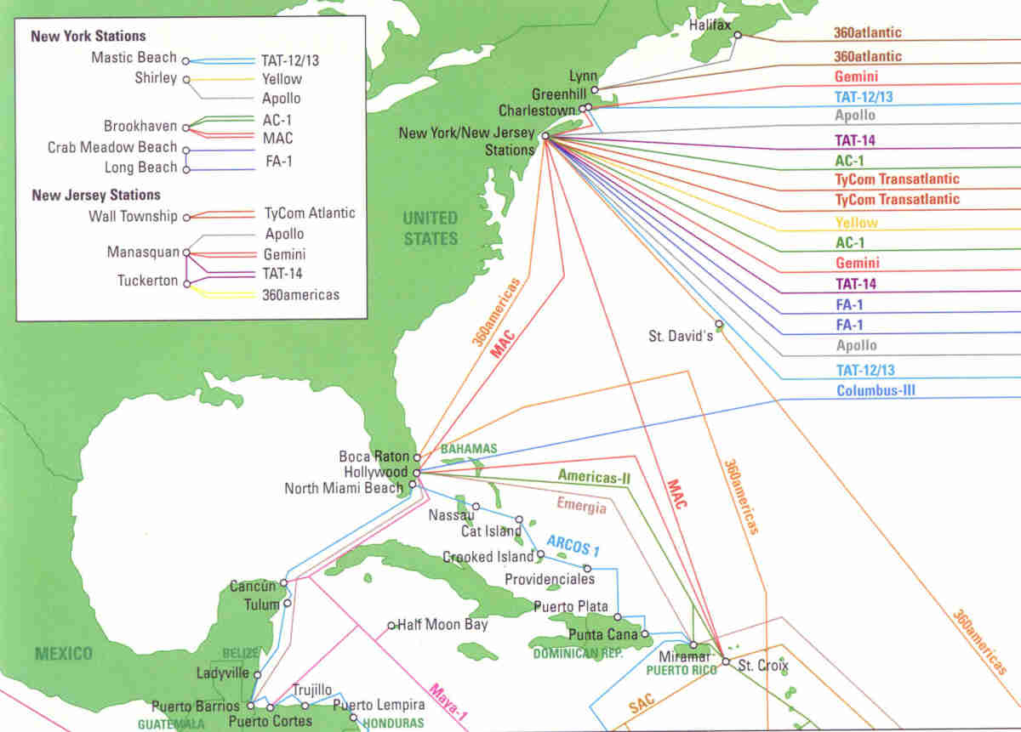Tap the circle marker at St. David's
click(x=719, y=324)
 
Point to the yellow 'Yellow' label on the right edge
click(x=856, y=223)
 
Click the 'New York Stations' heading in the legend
click(x=88, y=37)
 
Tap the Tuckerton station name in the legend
click(x=148, y=281)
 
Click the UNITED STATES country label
click(x=430, y=229)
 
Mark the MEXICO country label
click(x=63, y=654)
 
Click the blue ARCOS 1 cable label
click(x=573, y=544)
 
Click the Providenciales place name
click(x=549, y=579)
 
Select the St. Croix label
click(x=763, y=664)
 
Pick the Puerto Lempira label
click(x=379, y=705)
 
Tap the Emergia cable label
click(x=581, y=504)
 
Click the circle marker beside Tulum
click(x=288, y=604)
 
